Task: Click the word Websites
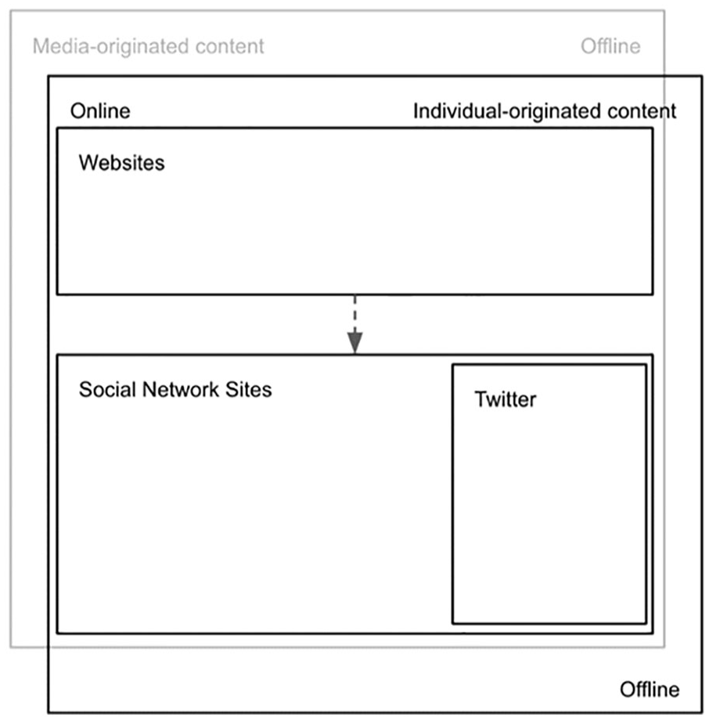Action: (x=121, y=163)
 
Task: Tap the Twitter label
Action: (x=505, y=399)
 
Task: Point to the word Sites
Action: (x=248, y=390)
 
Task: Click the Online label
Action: (x=100, y=111)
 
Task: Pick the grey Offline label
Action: (x=610, y=46)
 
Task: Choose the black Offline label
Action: (x=650, y=689)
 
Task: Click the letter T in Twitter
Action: (x=480, y=399)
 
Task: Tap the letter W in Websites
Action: (x=88, y=163)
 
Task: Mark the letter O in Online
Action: (x=77, y=111)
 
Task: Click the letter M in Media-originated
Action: (x=40, y=46)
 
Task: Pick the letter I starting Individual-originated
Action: (x=416, y=111)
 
